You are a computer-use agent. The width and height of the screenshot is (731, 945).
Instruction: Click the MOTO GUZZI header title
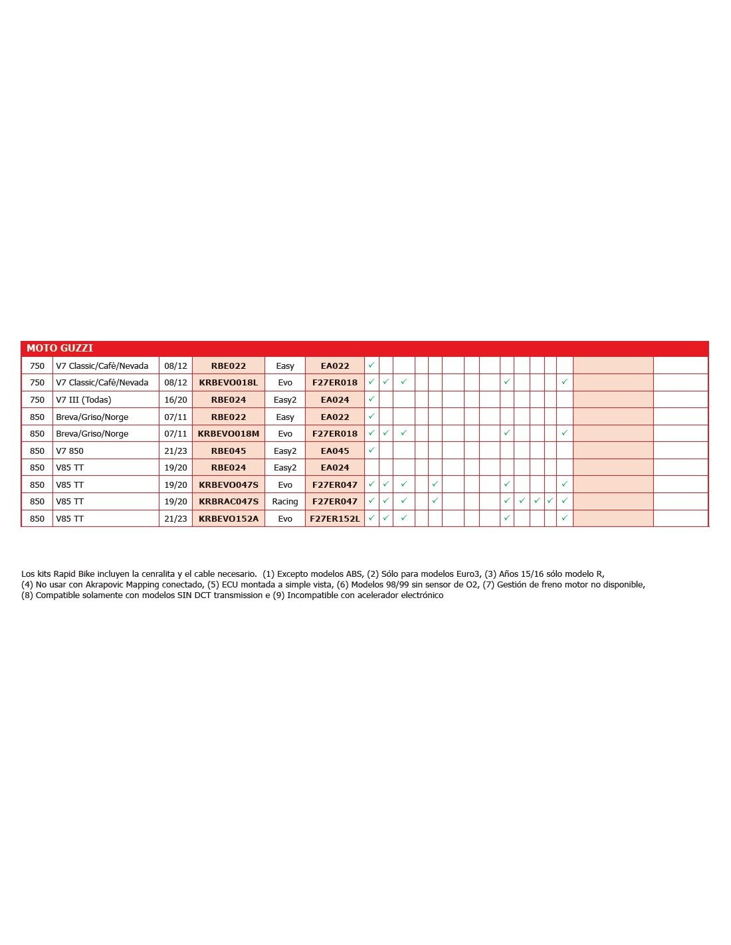pos(60,348)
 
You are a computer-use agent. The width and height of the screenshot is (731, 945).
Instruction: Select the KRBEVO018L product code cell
pos(228,383)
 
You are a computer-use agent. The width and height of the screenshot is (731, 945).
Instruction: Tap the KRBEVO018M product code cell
pos(228,434)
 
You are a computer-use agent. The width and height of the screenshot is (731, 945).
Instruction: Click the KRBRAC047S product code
pos(228,502)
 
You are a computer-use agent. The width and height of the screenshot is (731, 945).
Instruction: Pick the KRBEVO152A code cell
pos(228,519)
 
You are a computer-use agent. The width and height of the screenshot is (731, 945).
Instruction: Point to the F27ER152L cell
pos(334,519)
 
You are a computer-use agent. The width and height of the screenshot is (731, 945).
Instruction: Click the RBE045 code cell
pos(228,451)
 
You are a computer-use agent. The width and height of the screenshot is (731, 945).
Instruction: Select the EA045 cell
pos(334,451)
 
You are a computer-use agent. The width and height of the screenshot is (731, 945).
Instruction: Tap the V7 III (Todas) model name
pos(84,400)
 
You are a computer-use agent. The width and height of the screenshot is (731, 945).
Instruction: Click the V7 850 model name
pos(70,451)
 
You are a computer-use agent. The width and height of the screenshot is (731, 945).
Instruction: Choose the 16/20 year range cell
pos(175,400)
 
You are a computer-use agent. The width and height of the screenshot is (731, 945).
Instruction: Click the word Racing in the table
pos(284,502)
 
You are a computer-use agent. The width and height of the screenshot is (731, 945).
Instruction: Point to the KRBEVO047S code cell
pos(228,485)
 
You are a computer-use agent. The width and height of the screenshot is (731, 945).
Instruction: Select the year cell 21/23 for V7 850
pos(175,451)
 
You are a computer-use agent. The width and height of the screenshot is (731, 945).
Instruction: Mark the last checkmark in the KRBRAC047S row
pos(564,501)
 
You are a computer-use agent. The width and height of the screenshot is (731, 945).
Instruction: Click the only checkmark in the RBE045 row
pos(371,451)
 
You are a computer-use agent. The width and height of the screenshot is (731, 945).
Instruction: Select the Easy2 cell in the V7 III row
pos(284,400)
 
